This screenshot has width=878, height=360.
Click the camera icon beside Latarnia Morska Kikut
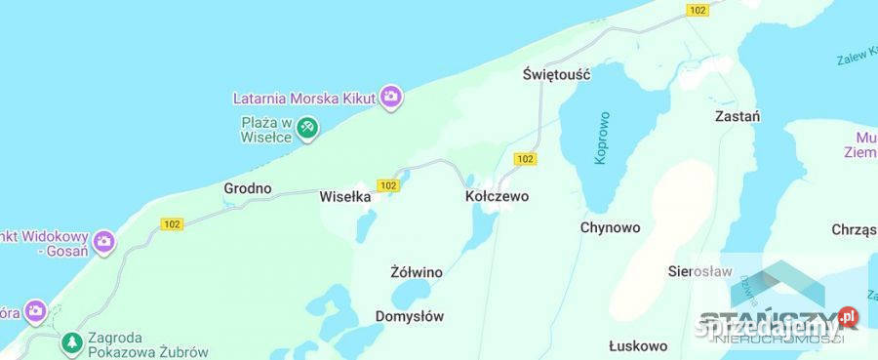click(390, 97)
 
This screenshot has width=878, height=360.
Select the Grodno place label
click(248, 188)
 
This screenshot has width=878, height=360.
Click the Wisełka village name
click(345, 196)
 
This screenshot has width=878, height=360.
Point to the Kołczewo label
click(496, 196)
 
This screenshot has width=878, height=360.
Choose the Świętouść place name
click(557, 74)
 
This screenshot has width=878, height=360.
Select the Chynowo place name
click(610, 227)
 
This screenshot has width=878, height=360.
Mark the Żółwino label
click(416, 272)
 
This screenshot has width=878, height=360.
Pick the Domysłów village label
click(410, 316)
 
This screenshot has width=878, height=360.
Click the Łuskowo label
click(638, 346)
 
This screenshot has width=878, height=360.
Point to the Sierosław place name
click(699, 272)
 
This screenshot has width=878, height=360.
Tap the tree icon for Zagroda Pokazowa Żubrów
click(71, 342)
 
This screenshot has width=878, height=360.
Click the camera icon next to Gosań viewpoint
click(104, 241)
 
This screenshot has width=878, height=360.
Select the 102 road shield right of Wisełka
click(388, 184)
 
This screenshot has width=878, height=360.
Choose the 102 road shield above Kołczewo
click(525, 159)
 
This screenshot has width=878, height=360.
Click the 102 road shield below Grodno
click(173, 224)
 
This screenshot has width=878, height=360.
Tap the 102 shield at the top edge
click(697, 10)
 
